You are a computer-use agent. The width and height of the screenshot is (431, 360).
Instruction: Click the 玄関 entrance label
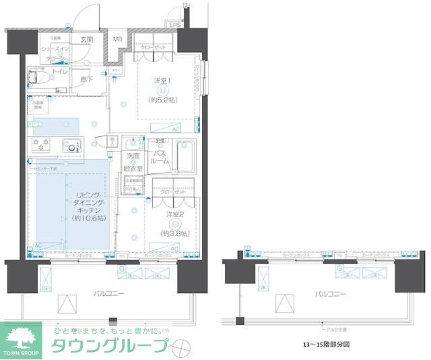pos(86,40)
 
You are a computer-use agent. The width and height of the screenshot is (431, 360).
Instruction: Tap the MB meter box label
pos(118,39)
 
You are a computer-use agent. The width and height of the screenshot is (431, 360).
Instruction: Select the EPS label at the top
pos(176,26)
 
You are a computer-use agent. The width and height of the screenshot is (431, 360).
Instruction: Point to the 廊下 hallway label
pos(88,79)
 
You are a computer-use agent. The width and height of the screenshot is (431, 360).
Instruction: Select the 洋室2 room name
pos(175,214)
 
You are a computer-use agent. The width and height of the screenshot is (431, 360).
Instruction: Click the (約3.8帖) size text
pos(175,233)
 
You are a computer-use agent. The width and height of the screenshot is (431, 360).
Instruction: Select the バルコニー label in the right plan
pos(330,295)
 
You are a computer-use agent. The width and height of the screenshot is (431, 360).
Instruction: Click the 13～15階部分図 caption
pos(329,344)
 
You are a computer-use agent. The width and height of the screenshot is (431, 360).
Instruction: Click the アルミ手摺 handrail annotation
pos(337,330)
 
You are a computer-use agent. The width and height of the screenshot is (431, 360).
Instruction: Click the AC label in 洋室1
pos(175,129)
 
